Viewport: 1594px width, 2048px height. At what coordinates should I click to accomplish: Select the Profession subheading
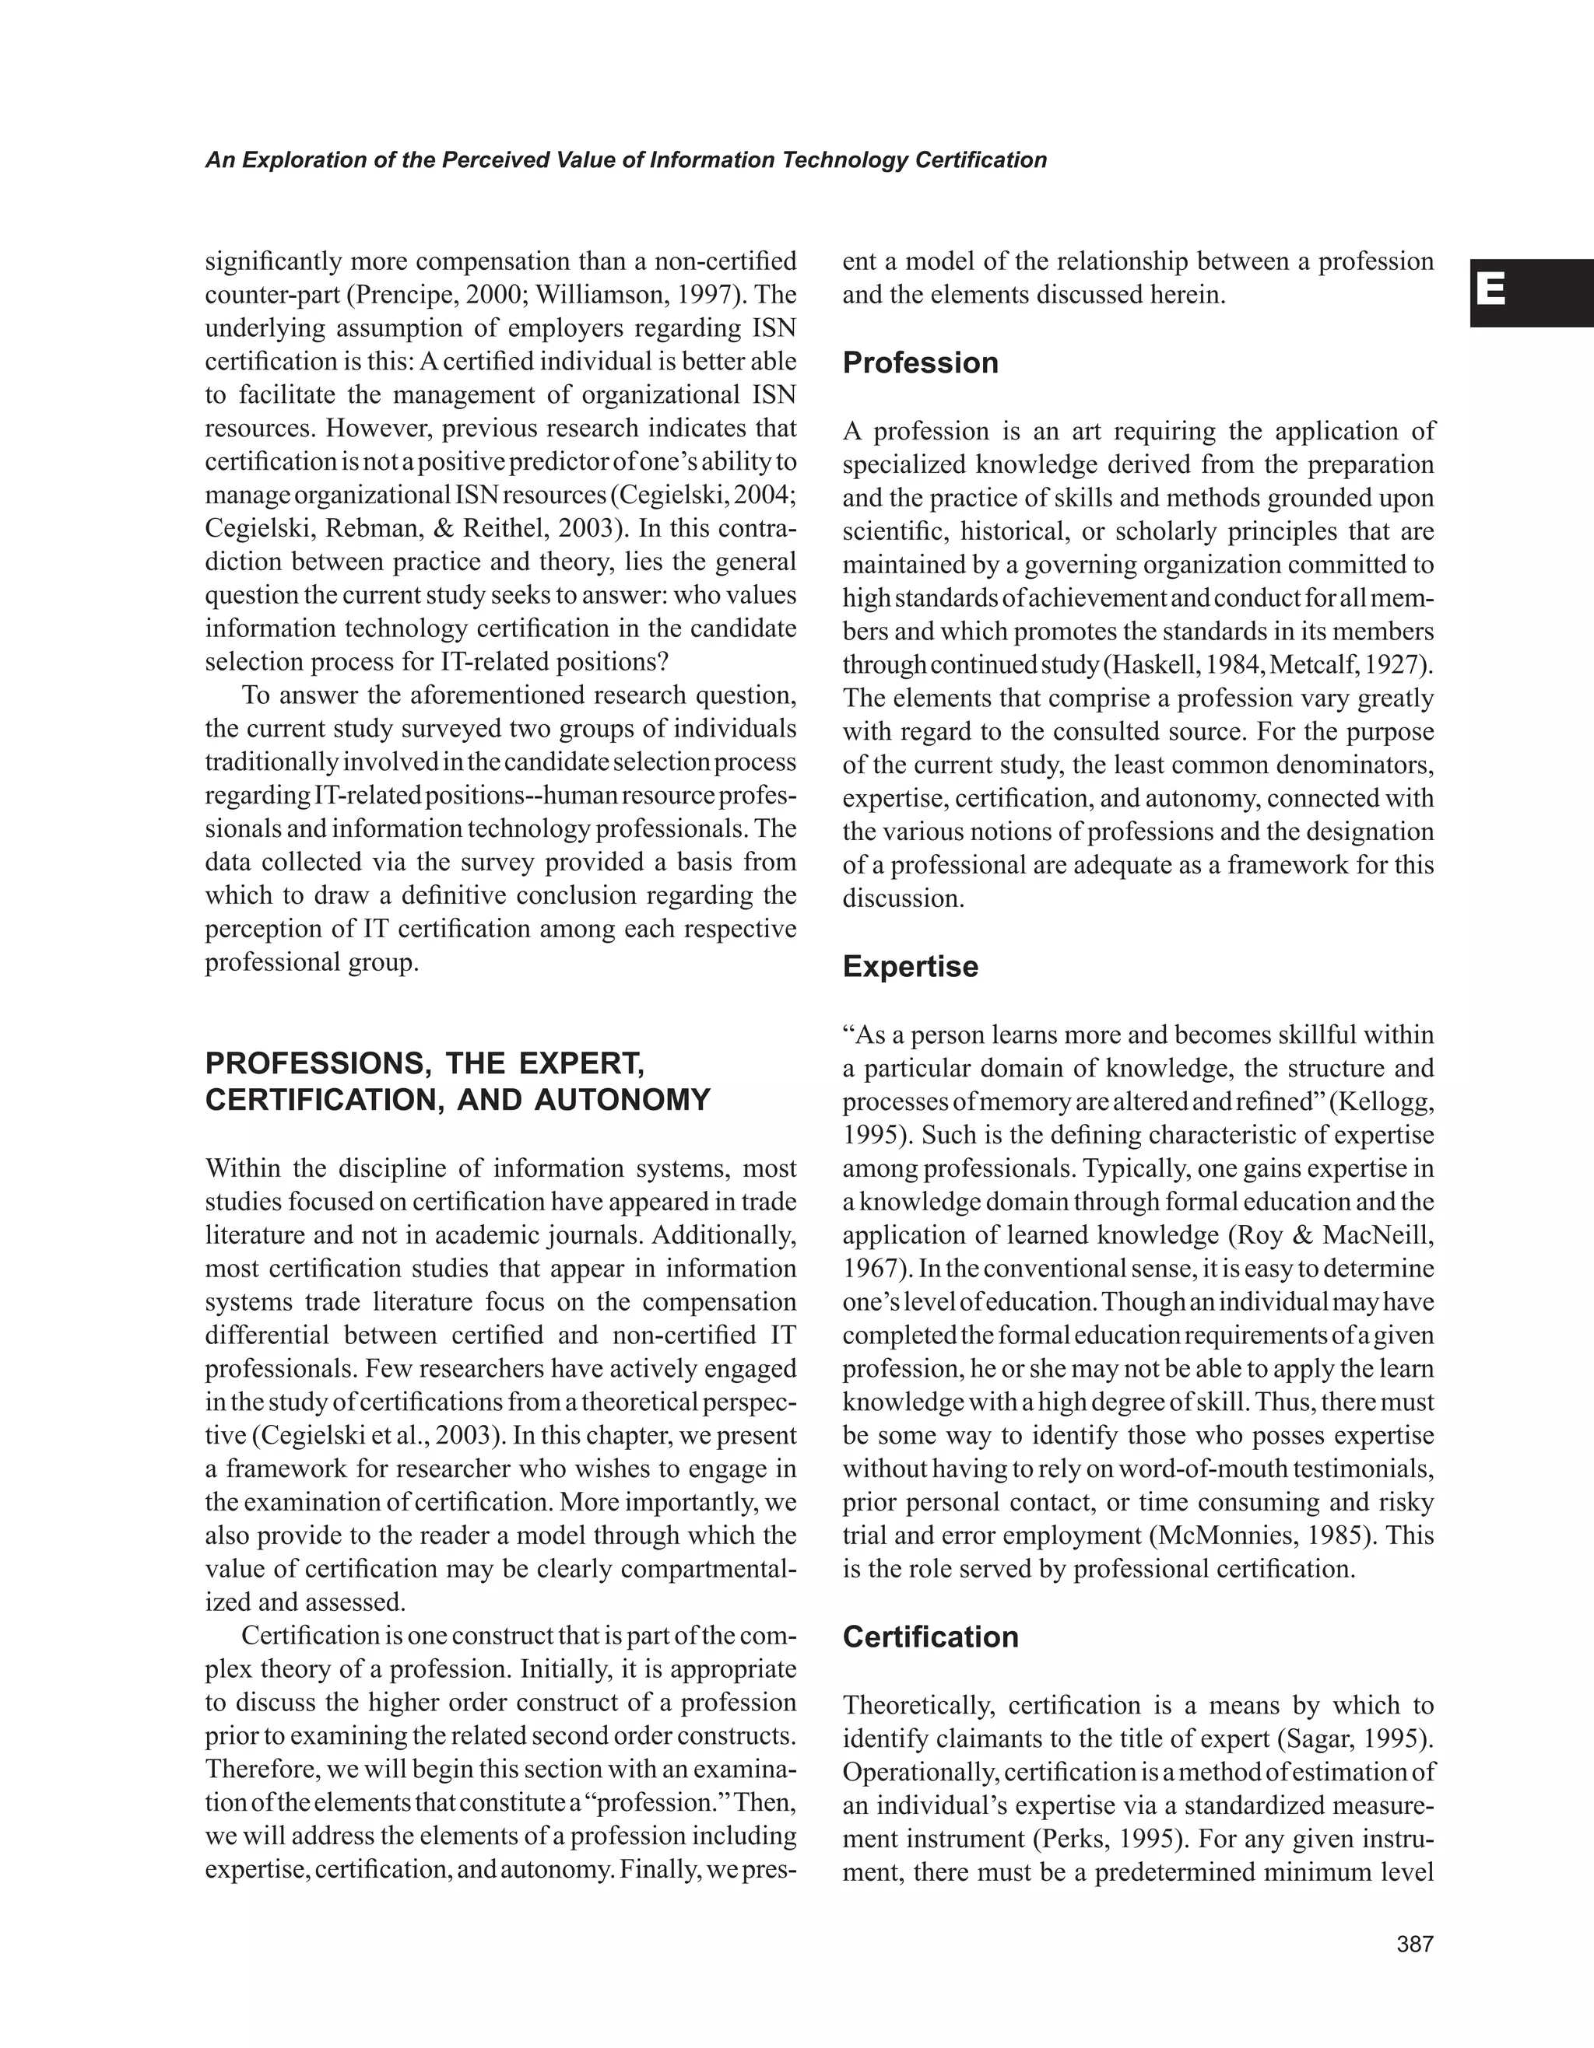click(919, 363)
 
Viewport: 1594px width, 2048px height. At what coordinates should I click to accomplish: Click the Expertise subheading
click(910, 966)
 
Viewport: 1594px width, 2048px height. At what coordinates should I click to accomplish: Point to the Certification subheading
click(930, 1637)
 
